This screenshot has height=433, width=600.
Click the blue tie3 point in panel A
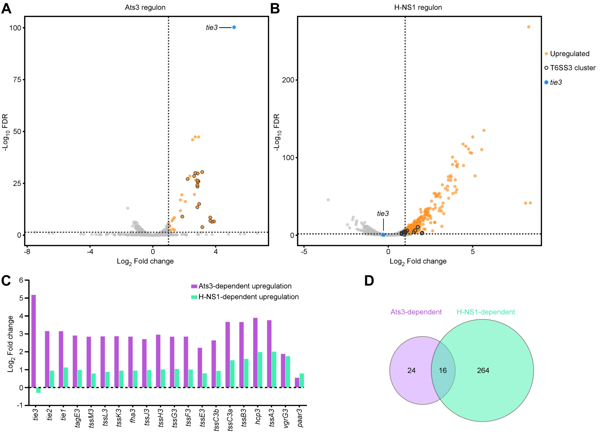(234, 27)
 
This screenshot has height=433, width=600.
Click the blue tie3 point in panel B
(383, 235)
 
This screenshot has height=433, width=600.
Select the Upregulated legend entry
(569, 54)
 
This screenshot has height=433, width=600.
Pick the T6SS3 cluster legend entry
(572, 68)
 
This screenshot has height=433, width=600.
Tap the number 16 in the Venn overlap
(443, 371)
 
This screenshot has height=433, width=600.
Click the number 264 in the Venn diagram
(483, 371)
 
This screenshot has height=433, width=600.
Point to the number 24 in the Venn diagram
(411, 371)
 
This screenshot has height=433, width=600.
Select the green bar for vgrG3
(288, 372)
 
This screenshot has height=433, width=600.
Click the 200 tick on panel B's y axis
(288, 80)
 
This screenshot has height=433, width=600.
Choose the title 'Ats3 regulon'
(145, 7)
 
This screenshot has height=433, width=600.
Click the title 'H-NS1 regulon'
(418, 7)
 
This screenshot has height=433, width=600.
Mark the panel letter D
(369, 281)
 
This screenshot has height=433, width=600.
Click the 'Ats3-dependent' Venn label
(416, 312)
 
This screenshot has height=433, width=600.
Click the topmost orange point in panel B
(529, 27)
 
